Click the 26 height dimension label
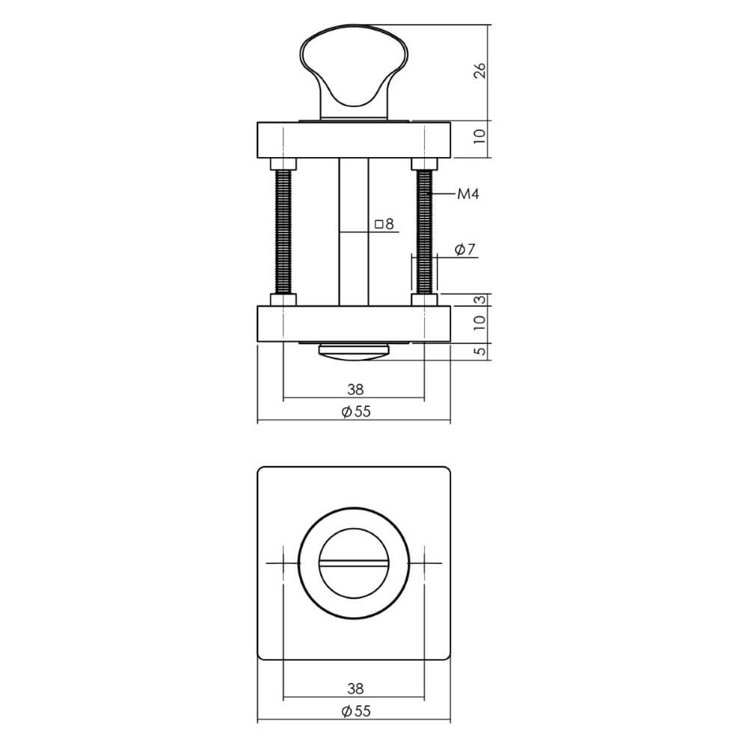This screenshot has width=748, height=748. (480, 70)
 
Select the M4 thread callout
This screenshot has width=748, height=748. (467, 194)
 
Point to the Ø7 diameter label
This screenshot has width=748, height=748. (465, 250)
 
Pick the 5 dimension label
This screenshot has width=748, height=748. (480, 350)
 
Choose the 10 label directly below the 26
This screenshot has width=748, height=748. (480, 136)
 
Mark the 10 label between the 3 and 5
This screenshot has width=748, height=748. (480, 322)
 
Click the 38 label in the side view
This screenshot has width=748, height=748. (355, 389)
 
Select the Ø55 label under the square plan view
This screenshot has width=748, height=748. (355, 711)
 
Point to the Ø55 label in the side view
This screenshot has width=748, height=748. (355, 411)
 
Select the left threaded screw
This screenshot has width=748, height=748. (284, 232)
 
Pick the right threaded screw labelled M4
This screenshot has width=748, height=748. (425, 232)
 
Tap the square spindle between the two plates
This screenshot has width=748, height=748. (354, 232)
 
